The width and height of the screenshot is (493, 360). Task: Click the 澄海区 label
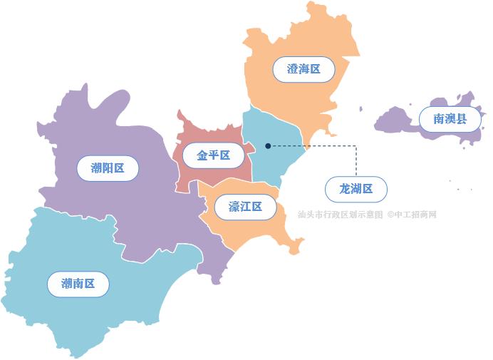coord(303,70)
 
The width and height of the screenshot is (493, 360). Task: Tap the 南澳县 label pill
coord(450,118)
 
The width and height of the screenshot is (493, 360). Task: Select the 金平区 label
coord(213,155)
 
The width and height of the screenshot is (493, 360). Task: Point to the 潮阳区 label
coord(108,168)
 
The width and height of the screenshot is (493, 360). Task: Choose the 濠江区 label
coord(245,207)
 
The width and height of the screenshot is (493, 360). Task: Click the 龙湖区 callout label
coord(356,189)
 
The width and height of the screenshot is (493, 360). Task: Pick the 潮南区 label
coord(78,284)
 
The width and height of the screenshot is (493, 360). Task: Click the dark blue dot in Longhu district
coord(268,145)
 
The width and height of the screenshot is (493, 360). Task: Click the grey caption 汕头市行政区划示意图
coord(341,214)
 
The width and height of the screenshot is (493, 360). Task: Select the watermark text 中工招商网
coord(415,214)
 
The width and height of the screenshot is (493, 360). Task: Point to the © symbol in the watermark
coord(391,214)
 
